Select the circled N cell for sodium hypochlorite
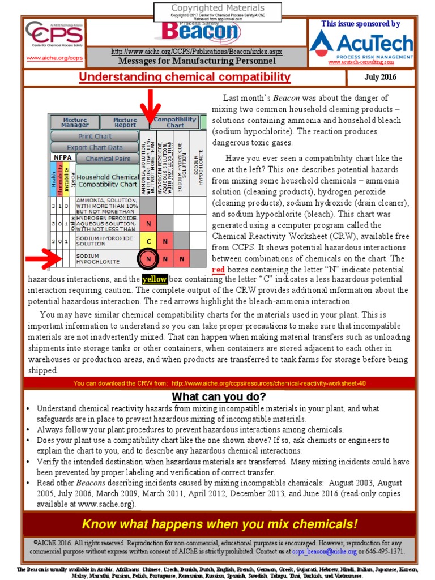click(x=148, y=260)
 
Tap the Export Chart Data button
click(x=95, y=147)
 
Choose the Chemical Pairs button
click(x=107, y=159)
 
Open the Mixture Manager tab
click(x=74, y=122)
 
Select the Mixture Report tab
click(x=125, y=122)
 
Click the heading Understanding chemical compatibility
click(x=185, y=78)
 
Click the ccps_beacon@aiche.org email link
click(x=325, y=551)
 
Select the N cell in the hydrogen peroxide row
click(x=148, y=223)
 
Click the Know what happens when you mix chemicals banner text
click(x=220, y=523)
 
